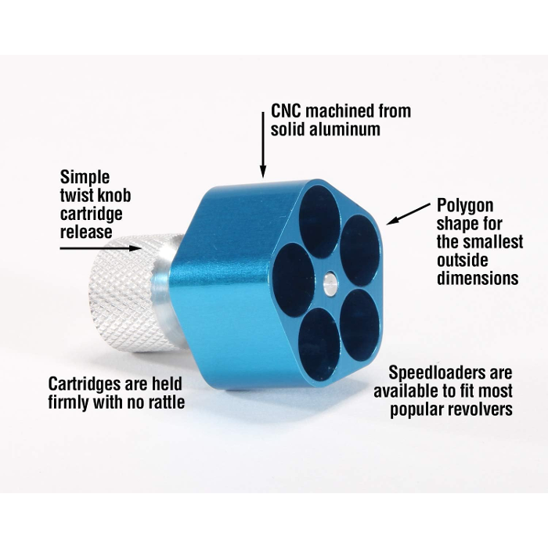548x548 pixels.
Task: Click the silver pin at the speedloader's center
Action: pos(330,284)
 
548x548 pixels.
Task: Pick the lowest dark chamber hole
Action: pos(319,344)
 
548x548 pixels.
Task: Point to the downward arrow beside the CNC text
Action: pos(263,145)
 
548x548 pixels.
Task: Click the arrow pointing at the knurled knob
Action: pos(100,248)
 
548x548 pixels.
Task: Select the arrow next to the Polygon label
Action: pos(408,214)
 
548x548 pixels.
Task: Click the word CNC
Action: pos(286,111)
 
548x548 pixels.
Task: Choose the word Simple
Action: pos(85,178)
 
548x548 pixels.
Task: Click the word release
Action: pos(86,232)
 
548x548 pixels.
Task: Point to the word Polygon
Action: pos(465,206)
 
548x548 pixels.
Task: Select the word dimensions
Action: pos(478,278)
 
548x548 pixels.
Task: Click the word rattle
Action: pos(166,402)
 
